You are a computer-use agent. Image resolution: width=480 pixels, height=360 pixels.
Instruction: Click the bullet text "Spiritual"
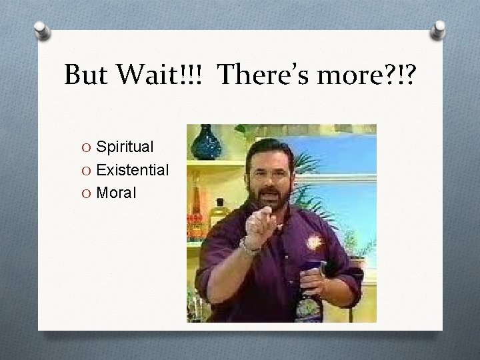125,146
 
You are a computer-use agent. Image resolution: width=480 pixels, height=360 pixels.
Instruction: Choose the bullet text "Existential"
132,170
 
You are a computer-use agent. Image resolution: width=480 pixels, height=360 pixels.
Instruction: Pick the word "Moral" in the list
116,193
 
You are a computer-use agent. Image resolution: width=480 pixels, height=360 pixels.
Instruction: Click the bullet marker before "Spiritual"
88,147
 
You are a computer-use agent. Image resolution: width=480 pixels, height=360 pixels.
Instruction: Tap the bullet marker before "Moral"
88,194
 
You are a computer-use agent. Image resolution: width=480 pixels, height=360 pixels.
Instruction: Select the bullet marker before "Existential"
88,171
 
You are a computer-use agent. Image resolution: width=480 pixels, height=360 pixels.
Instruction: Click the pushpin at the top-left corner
42,30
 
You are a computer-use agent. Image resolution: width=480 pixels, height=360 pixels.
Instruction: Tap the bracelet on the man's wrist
249,247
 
